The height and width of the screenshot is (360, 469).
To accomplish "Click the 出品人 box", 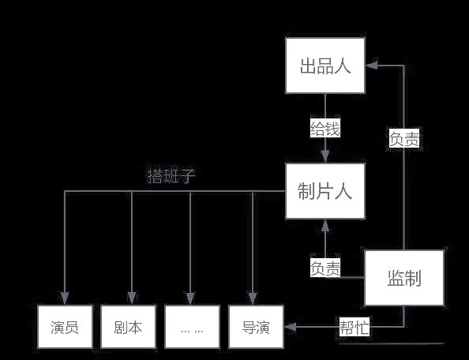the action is pos(325,66).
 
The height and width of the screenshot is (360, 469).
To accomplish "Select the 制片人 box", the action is pos(325,191).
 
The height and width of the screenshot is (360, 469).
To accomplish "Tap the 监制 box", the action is pos(404,278).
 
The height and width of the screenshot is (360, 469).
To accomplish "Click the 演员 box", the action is pos(65,327).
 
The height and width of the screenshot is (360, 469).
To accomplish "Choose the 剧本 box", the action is pos(129,327).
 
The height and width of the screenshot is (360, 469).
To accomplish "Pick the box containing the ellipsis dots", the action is pos(192,327).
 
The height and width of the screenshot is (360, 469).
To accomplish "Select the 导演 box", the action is pos(256,327).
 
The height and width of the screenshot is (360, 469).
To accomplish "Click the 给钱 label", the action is pos(325,129).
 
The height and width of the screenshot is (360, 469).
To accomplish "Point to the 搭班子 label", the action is pos(171,176).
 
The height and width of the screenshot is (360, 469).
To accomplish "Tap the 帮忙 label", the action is pos(355,327).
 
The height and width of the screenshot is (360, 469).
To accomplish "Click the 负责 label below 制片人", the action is pos(325,268).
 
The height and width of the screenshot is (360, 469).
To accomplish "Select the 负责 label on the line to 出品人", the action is pos(404,139).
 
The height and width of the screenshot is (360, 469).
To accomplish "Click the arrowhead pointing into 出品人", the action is pos(371,66).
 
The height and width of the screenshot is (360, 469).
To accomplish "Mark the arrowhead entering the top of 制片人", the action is pos(325,156).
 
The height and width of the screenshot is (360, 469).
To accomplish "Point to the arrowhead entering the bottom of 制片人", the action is pos(325,226).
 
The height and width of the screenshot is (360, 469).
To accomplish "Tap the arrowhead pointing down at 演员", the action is pos(65,298).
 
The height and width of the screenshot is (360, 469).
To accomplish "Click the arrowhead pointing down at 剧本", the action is pos(132,298).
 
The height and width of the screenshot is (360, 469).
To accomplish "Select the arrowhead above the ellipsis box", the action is pos(190,298).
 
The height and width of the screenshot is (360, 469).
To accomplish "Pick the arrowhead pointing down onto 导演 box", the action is pos(253,298).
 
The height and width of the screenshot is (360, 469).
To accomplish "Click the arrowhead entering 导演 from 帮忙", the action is pos(290,327).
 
